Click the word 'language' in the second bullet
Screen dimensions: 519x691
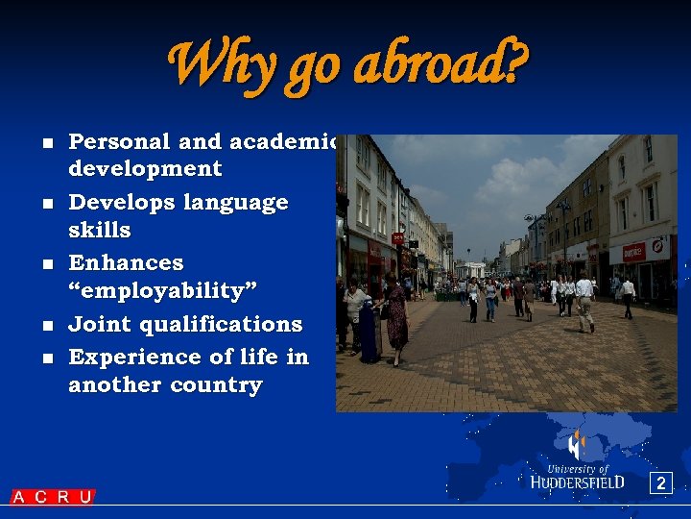click(x=241, y=204)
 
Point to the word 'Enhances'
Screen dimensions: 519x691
click(x=126, y=263)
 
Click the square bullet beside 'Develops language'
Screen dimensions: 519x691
click(x=46, y=205)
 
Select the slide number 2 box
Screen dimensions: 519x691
click(x=659, y=483)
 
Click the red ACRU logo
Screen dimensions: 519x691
click(x=53, y=497)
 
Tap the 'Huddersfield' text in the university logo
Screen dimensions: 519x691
click(x=578, y=482)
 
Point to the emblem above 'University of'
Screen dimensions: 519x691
click(x=576, y=446)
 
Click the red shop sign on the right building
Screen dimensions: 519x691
click(x=634, y=252)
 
